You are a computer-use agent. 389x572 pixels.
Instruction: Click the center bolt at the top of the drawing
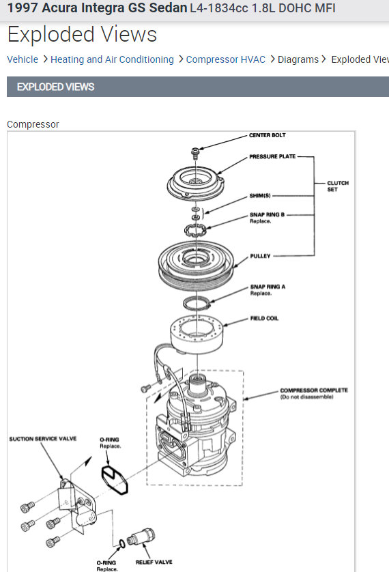pyautogui.click(x=195, y=153)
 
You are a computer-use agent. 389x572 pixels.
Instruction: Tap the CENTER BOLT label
pyautogui.click(x=268, y=135)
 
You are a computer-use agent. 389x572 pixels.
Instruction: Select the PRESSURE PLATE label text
pyautogui.click(x=272, y=156)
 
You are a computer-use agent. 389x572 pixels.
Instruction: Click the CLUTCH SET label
pyautogui.click(x=338, y=186)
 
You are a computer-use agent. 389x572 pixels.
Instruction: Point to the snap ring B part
pyautogui.click(x=195, y=231)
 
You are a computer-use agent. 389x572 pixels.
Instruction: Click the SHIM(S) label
pyautogui.click(x=260, y=195)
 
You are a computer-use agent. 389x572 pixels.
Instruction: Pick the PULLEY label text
pyautogui.click(x=260, y=256)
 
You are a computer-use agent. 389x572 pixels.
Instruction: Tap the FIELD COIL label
pyautogui.click(x=264, y=319)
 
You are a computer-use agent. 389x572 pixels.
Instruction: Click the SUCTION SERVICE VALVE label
pyautogui.click(x=43, y=439)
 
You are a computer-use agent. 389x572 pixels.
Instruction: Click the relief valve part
pyautogui.click(x=141, y=537)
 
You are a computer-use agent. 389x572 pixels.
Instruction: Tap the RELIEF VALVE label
pyautogui.click(x=154, y=562)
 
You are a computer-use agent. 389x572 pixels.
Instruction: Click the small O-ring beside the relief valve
pyautogui.click(x=122, y=544)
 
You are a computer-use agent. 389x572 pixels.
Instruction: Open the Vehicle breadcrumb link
pyautogui.click(x=23, y=59)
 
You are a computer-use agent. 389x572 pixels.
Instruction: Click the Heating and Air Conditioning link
pyautogui.click(x=112, y=59)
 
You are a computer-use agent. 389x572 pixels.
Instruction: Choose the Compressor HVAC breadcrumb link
pyautogui.click(x=226, y=59)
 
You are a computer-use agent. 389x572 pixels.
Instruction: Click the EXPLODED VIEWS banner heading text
pyautogui.click(x=55, y=87)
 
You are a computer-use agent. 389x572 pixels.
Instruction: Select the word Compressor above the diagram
pyautogui.click(x=33, y=124)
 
